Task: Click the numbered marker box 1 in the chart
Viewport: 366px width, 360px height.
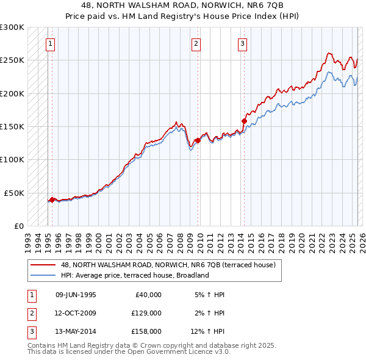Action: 49,43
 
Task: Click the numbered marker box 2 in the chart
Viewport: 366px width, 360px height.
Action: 196,43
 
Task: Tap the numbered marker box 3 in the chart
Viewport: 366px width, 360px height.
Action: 242,43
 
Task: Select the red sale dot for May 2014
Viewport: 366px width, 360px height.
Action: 244,121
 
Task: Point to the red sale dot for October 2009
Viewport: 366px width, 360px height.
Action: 198,140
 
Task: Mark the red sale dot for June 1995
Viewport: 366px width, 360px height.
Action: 52,199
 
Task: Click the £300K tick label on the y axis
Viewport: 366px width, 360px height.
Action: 12,27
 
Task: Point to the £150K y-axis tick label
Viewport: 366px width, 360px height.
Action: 12,126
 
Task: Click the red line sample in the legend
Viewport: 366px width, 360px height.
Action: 43,265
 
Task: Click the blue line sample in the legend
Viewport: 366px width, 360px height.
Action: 43,275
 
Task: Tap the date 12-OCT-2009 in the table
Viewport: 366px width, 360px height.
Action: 76,313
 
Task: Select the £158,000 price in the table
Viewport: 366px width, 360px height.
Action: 146,331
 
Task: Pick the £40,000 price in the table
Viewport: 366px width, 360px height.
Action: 148,295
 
